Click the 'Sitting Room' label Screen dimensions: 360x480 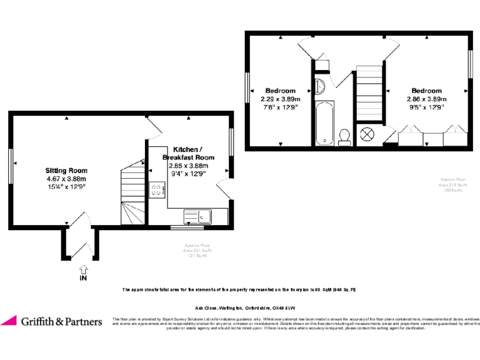(x=66, y=170)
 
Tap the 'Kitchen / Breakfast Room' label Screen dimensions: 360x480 (x=192, y=154)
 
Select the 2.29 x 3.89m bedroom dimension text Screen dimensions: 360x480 (x=280, y=99)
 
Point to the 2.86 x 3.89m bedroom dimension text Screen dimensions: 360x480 (x=426, y=99)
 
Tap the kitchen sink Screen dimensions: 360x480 (x=197, y=217)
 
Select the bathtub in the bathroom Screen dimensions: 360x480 (x=324, y=122)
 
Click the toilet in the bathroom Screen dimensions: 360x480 (x=344, y=136)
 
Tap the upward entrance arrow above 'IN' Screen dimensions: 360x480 (x=83, y=269)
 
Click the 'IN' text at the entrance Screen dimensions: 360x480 (x=83, y=279)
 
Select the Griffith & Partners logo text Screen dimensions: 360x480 (x=61, y=321)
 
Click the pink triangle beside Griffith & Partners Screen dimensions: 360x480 (x=9, y=321)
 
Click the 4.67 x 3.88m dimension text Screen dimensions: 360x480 (x=66, y=178)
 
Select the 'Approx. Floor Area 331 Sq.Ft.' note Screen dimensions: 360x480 (x=198, y=250)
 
